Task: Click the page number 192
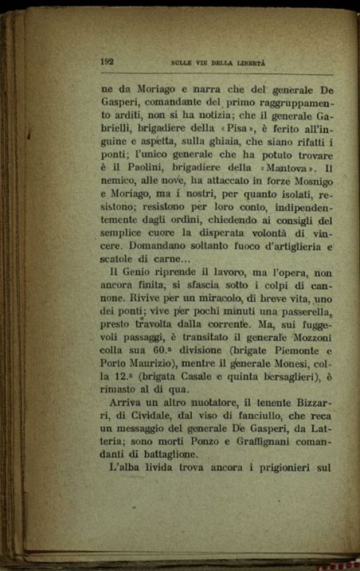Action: [x=106, y=61]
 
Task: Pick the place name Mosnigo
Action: [x=311, y=181]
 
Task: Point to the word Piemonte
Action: [x=296, y=350]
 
